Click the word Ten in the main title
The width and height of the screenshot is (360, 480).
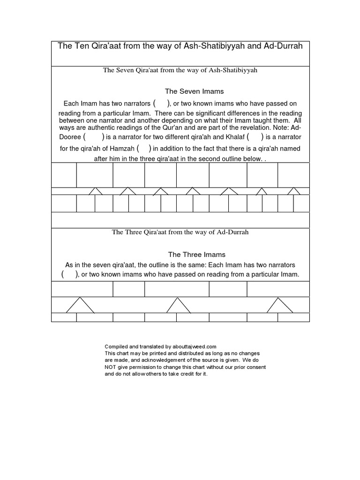(x=78, y=46)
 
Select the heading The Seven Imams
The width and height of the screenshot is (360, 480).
(x=194, y=91)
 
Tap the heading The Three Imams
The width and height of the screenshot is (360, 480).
(x=197, y=255)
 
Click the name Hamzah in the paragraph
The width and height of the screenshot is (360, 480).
(x=122, y=149)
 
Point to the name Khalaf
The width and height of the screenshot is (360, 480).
(x=233, y=137)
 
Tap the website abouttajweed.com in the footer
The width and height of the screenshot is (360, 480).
(x=191, y=346)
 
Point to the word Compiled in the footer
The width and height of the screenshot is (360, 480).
(x=116, y=346)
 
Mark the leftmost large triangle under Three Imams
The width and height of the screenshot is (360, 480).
(x=80, y=306)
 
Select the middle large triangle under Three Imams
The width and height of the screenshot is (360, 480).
(x=179, y=306)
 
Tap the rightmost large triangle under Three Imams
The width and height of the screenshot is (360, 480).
(x=280, y=306)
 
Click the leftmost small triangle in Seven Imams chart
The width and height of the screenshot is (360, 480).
(x=96, y=191)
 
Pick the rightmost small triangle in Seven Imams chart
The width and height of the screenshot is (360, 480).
(x=294, y=191)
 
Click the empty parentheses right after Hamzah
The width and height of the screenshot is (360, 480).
(x=144, y=149)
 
